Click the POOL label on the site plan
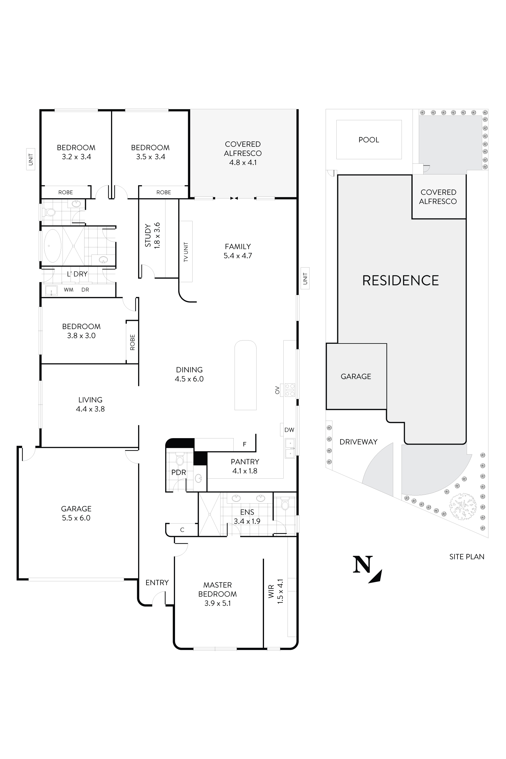coord(368,140)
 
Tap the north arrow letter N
coord(363,564)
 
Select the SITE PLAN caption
coord(467,556)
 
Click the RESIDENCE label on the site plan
coord(400,280)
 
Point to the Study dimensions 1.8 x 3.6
coord(157,235)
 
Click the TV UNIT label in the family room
coord(185,252)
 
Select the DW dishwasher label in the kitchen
coord(289,430)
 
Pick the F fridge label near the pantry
coord(245,444)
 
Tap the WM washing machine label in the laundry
coord(68,290)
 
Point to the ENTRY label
coord(157,582)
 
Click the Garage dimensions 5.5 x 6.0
coord(76,518)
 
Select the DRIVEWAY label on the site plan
coord(358,442)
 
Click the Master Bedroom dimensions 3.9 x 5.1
coord(218,603)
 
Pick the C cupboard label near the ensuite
coord(182,530)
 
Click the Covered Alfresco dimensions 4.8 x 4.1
coord(243,162)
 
